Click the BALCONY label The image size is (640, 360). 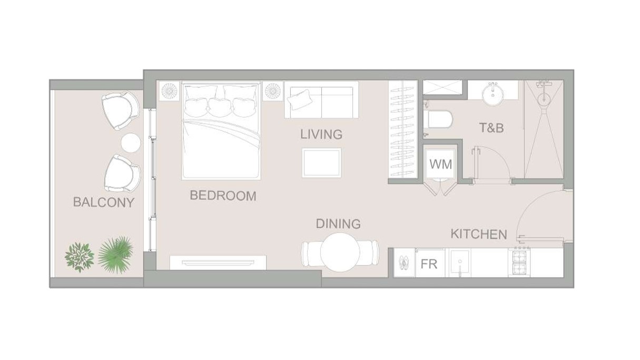(104, 202)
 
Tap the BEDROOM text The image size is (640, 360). (223, 196)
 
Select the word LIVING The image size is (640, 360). (321, 134)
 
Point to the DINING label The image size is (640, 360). (338, 223)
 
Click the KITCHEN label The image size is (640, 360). (479, 234)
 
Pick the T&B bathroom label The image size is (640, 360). (491, 128)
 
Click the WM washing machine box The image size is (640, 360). (440, 164)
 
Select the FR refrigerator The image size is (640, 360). (429, 264)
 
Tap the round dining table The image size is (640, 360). (340, 252)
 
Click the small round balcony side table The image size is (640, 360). (131, 143)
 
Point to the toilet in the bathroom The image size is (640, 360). (438, 119)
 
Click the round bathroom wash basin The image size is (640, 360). (493, 94)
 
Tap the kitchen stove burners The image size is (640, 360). (519, 262)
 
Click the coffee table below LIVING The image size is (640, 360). (322, 163)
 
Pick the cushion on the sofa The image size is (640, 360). (299, 100)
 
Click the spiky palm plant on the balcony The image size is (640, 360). (115, 255)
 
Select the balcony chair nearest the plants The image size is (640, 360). (122, 174)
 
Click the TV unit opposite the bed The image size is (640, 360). (218, 262)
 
